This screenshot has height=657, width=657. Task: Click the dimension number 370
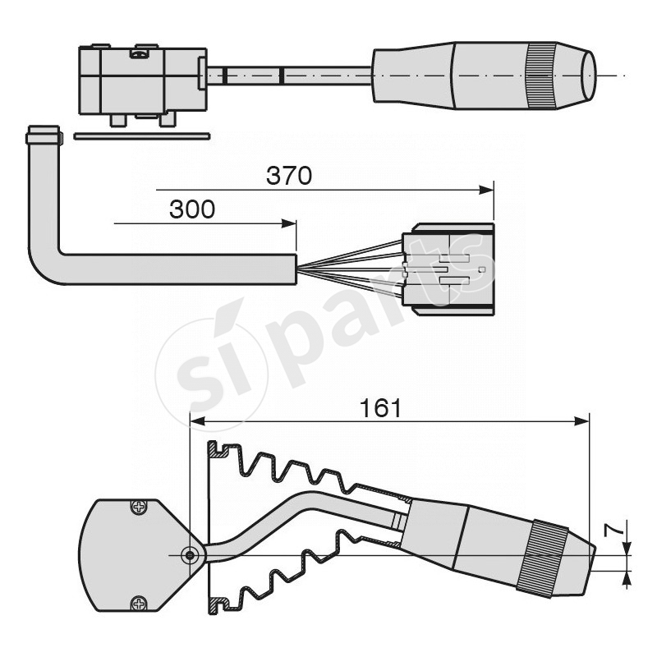[x=289, y=175]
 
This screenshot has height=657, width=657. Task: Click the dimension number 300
[x=192, y=210]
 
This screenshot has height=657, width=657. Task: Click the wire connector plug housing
[x=448, y=269]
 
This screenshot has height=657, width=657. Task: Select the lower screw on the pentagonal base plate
[x=139, y=603]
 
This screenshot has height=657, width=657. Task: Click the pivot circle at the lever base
[x=190, y=555]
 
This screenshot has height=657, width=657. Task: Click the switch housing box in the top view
[x=140, y=80]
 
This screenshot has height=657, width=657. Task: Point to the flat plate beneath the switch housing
[x=141, y=136]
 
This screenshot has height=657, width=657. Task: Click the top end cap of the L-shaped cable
[x=43, y=135]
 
